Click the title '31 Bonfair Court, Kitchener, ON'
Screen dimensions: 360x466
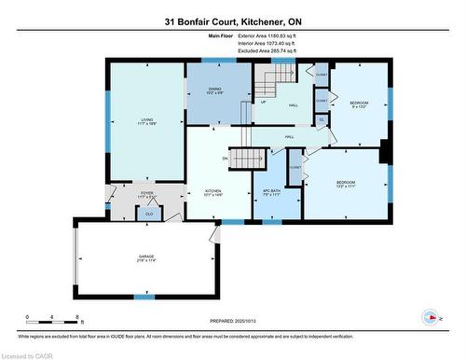232,21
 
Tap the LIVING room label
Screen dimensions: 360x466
145,119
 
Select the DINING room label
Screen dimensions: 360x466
214,91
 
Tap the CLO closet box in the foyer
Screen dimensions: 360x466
149,214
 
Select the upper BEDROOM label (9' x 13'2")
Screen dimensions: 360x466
359,104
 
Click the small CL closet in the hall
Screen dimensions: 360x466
322,120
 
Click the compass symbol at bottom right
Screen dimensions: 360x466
431,315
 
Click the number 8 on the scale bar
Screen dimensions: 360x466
76,317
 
